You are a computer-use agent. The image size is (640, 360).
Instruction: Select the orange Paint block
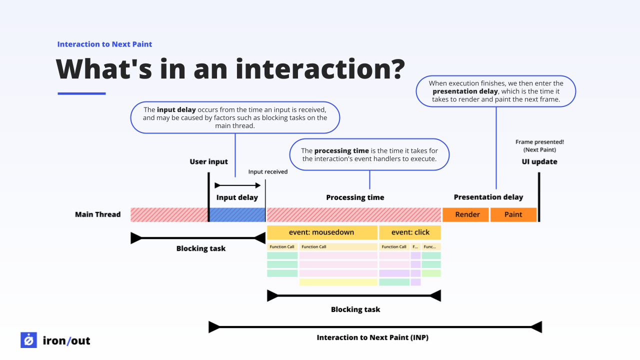[513, 214]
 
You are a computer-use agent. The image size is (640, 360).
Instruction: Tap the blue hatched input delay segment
[237, 214]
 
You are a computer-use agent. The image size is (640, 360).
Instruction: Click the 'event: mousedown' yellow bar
[321, 232]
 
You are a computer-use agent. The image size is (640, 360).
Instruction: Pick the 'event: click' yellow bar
[409, 232]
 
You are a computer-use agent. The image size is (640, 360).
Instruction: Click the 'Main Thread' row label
[98, 214]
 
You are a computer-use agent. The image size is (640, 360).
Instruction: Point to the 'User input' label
[208, 161]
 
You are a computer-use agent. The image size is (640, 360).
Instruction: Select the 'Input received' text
[268, 171]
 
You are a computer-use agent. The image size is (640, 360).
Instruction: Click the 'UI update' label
[539, 161]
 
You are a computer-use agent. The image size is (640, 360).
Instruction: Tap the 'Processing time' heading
[355, 197]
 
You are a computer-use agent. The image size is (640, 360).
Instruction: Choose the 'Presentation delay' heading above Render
[488, 197]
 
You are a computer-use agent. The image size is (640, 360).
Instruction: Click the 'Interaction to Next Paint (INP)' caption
[372, 337]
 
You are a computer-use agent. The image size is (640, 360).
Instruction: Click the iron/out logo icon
[28, 340]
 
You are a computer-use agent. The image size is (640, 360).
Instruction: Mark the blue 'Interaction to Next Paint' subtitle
[104, 44]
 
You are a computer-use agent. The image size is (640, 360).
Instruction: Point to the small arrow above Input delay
[237, 185]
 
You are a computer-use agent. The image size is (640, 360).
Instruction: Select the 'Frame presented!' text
[539, 142]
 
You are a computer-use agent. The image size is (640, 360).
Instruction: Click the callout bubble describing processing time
[369, 154]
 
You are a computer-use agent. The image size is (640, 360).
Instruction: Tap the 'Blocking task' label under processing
[355, 309]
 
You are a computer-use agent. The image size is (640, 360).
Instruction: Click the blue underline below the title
[81, 93]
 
